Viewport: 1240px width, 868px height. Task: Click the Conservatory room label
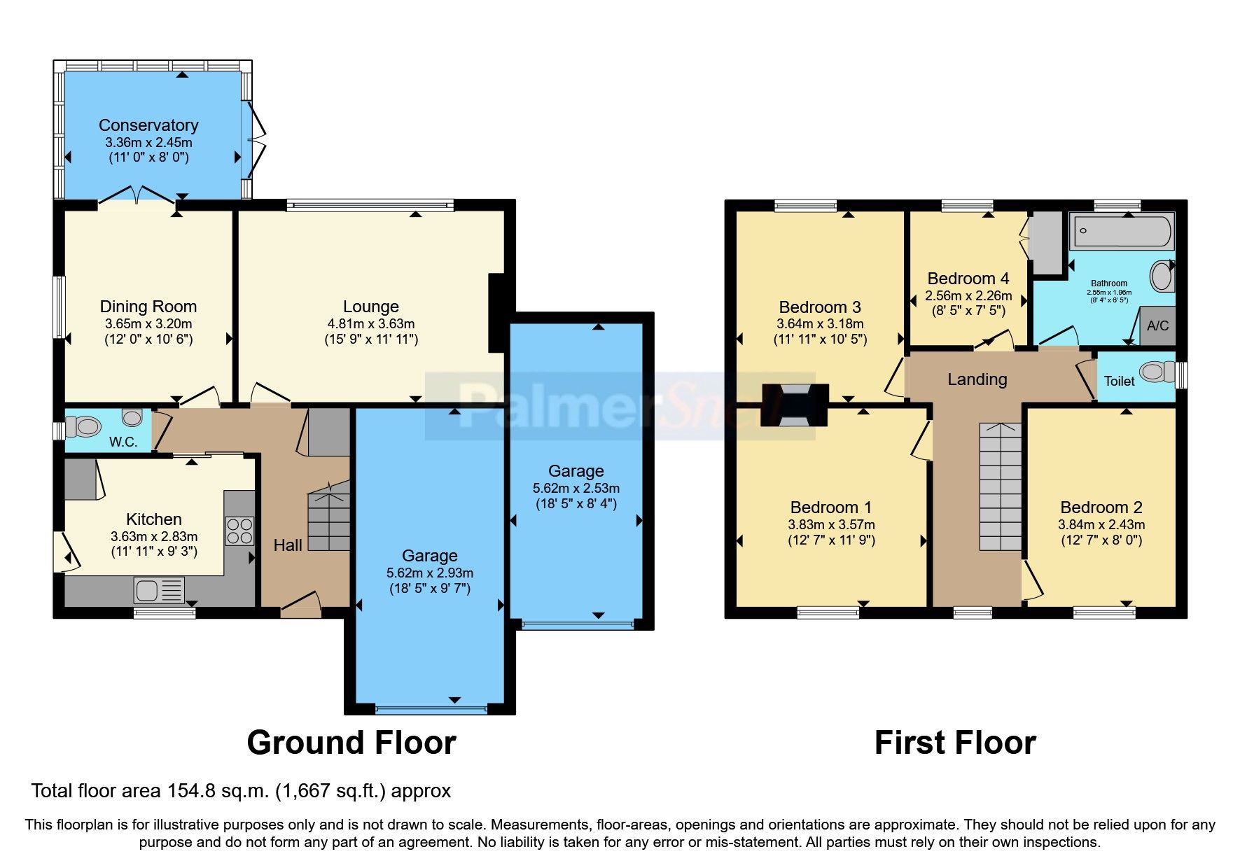click(148, 125)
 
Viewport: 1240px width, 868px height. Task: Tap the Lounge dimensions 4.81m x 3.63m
click(370, 324)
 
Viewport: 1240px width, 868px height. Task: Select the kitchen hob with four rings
click(239, 531)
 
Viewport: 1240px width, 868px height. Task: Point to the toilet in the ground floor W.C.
click(84, 426)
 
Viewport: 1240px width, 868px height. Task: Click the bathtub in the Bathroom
click(1122, 232)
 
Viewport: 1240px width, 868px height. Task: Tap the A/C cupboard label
click(1157, 325)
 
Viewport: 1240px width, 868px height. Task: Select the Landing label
click(977, 379)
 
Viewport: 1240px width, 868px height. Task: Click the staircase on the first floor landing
click(1000, 486)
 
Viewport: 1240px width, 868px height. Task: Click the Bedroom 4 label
click(968, 279)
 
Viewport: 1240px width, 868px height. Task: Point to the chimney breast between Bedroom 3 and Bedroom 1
click(795, 405)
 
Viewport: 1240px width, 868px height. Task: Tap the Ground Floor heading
click(351, 743)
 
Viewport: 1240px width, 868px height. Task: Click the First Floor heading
click(955, 743)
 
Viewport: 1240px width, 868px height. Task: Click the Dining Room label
click(148, 307)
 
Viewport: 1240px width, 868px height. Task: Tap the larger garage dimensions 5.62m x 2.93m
click(429, 573)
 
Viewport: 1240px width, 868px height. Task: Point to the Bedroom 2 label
click(1101, 507)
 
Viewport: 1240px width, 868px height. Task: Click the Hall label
click(288, 545)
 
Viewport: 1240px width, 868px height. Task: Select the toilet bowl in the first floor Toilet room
click(1156, 372)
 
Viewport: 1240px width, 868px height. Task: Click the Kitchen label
click(154, 519)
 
